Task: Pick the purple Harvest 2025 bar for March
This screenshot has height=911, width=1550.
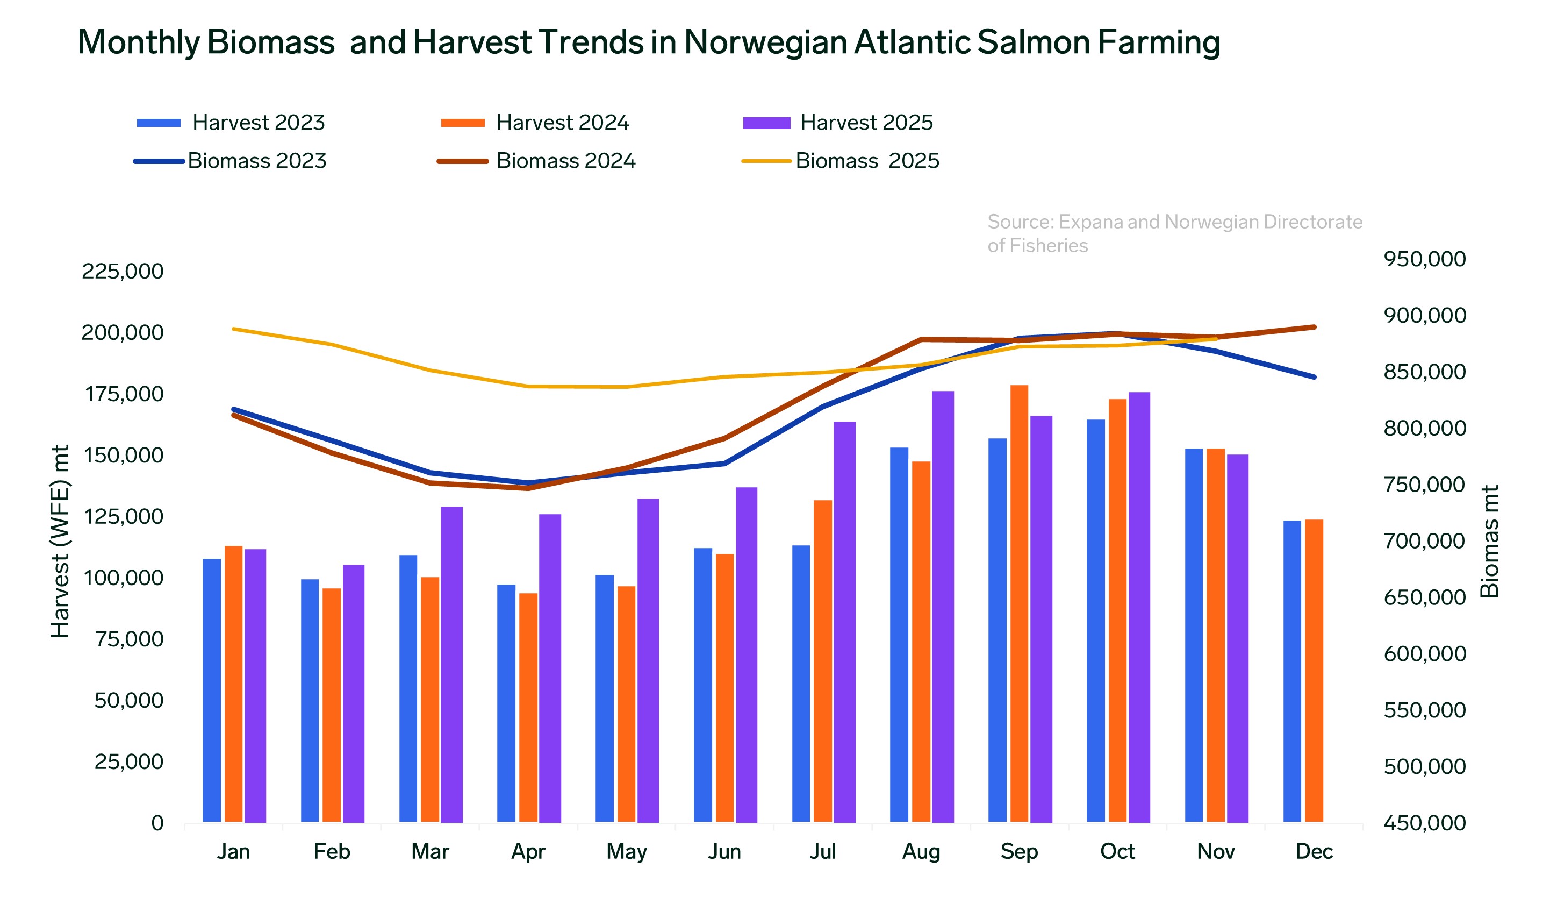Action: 451,665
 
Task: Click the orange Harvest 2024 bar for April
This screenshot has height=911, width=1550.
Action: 528,708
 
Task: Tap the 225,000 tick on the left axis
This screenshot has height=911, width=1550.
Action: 123,271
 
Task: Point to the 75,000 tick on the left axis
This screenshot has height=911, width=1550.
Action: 129,639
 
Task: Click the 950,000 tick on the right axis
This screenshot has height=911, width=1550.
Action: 1425,259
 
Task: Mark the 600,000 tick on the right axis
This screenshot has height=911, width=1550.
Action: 1425,654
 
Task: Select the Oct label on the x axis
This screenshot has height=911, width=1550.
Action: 1117,851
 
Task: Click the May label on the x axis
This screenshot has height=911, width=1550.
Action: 626,851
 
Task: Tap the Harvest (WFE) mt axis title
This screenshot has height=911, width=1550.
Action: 60,541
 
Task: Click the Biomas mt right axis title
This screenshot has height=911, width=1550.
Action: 1489,541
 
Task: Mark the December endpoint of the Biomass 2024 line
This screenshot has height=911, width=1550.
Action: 1314,327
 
